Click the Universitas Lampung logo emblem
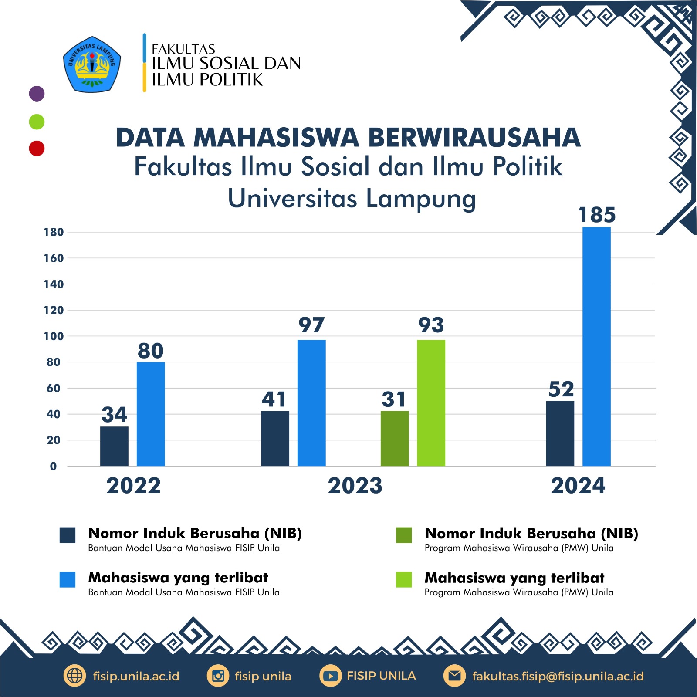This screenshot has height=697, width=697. pyautogui.click(x=92, y=64)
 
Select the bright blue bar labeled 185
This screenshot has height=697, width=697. pyautogui.click(x=596, y=346)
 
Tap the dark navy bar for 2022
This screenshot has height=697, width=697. pyautogui.click(x=114, y=446)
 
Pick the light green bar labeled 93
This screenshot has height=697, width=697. pyautogui.click(x=431, y=403)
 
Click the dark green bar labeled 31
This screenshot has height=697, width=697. pyautogui.click(x=395, y=438)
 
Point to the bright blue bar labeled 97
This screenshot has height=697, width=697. pyautogui.click(x=311, y=403)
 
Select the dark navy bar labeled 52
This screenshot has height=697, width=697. pyautogui.click(x=560, y=433)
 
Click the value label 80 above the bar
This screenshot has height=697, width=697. pyautogui.click(x=151, y=351)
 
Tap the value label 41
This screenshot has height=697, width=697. pyautogui.click(x=274, y=399)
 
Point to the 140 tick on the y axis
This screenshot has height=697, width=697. pyautogui.click(x=54, y=284)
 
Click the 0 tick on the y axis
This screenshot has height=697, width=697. pyautogui.click(x=53, y=467)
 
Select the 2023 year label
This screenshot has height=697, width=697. pyautogui.click(x=355, y=486)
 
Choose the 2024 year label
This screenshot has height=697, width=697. pyautogui.click(x=578, y=486)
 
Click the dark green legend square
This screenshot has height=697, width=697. pyautogui.click(x=404, y=535)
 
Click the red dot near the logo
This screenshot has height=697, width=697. pyautogui.click(x=37, y=148)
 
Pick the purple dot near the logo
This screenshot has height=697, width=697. pyautogui.click(x=37, y=94)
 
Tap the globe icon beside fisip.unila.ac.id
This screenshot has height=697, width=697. pyautogui.click(x=74, y=676)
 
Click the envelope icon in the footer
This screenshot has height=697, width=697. pyautogui.click(x=454, y=676)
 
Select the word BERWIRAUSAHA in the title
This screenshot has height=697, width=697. pyautogui.click(x=474, y=138)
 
